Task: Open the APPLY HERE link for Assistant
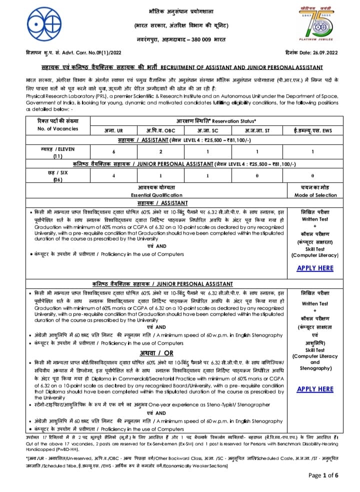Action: (314, 268)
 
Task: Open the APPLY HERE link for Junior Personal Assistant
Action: (314, 388)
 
